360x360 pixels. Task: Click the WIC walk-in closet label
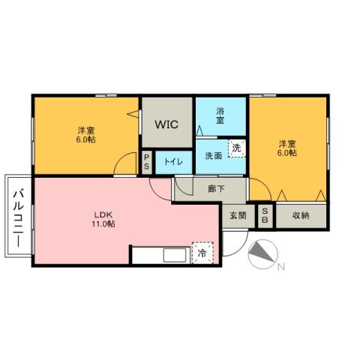(x=166, y=124)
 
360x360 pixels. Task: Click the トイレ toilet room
(x=172, y=161)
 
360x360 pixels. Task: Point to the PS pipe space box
(x=147, y=162)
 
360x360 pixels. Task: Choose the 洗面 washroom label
(x=213, y=156)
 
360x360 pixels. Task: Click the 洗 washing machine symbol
(x=236, y=148)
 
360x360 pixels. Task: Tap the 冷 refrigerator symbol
(x=202, y=253)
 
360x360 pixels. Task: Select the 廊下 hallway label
(x=216, y=190)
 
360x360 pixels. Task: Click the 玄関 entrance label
(x=238, y=215)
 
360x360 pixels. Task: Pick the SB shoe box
(x=265, y=215)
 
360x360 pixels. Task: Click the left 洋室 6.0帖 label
(x=85, y=134)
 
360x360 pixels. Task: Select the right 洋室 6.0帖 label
(x=288, y=148)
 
